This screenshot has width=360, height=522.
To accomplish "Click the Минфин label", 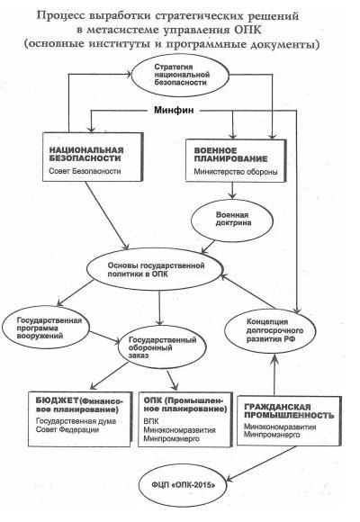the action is pyautogui.click(x=174, y=110).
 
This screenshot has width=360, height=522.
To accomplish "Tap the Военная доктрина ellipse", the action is pyautogui.click(x=232, y=220).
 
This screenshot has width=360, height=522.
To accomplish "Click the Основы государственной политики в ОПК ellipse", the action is pyautogui.click(x=155, y=270).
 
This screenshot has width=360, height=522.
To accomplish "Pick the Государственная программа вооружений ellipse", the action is pyautogui.click(x=46, y=328).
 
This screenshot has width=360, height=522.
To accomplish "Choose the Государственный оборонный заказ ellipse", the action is pyautogui.click(x=162, y=346).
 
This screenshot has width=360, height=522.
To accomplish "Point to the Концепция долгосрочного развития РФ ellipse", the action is pyautogui.click(x=270, y=331).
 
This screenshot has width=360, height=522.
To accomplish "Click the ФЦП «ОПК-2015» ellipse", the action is pyautogui.click(x=184, y=485).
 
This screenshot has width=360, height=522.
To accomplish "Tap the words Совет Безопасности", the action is pyautogui.click(x=85, y=171).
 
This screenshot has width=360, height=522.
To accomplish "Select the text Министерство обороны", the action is pyautogui.click(x=236, y=172).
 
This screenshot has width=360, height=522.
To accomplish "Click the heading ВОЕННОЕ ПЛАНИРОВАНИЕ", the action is pyautogui.click(x=230, y=155).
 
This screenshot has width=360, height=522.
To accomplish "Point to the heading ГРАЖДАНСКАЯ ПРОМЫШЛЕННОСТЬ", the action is pyautogui.click(x=289, y=411).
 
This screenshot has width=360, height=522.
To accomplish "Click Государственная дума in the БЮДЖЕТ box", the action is pyautogui.click(x=76, y=421).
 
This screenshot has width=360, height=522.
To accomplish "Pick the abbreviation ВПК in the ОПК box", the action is pyautogui.click(x=151, y=421).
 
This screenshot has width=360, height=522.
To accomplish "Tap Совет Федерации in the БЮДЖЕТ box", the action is pyautogui.click(x=67, y=430).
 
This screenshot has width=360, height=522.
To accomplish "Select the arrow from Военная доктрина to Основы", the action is pyautogui.click(x=208, y=247).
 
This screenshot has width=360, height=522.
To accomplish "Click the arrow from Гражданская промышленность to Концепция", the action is pyautogui.click(x=274, y=374).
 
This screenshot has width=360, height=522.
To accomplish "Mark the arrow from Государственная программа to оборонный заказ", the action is pyautogui.click(x=105, y=337).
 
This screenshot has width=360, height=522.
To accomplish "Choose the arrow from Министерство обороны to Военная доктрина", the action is pyautogui.click(x=232, y=191).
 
